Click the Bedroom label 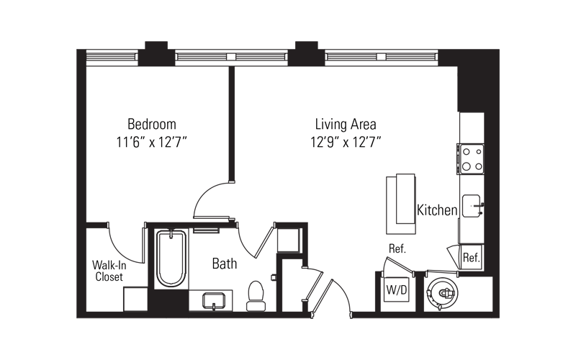(152, 124)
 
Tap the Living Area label (346, 124)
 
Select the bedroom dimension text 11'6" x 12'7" (152, 142)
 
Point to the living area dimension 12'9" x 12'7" (346, 142)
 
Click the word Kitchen (437, 210)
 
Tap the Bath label (225, 264)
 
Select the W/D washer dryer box (397, 290)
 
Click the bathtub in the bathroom (171, 258)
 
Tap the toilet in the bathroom (256, 296)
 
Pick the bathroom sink (214, 301)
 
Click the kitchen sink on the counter (472, 206)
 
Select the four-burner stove (472, 158)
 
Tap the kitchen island (401, 204)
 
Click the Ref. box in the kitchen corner (472, 257)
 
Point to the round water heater (443, 293)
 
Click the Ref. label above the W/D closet (397, 248)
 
